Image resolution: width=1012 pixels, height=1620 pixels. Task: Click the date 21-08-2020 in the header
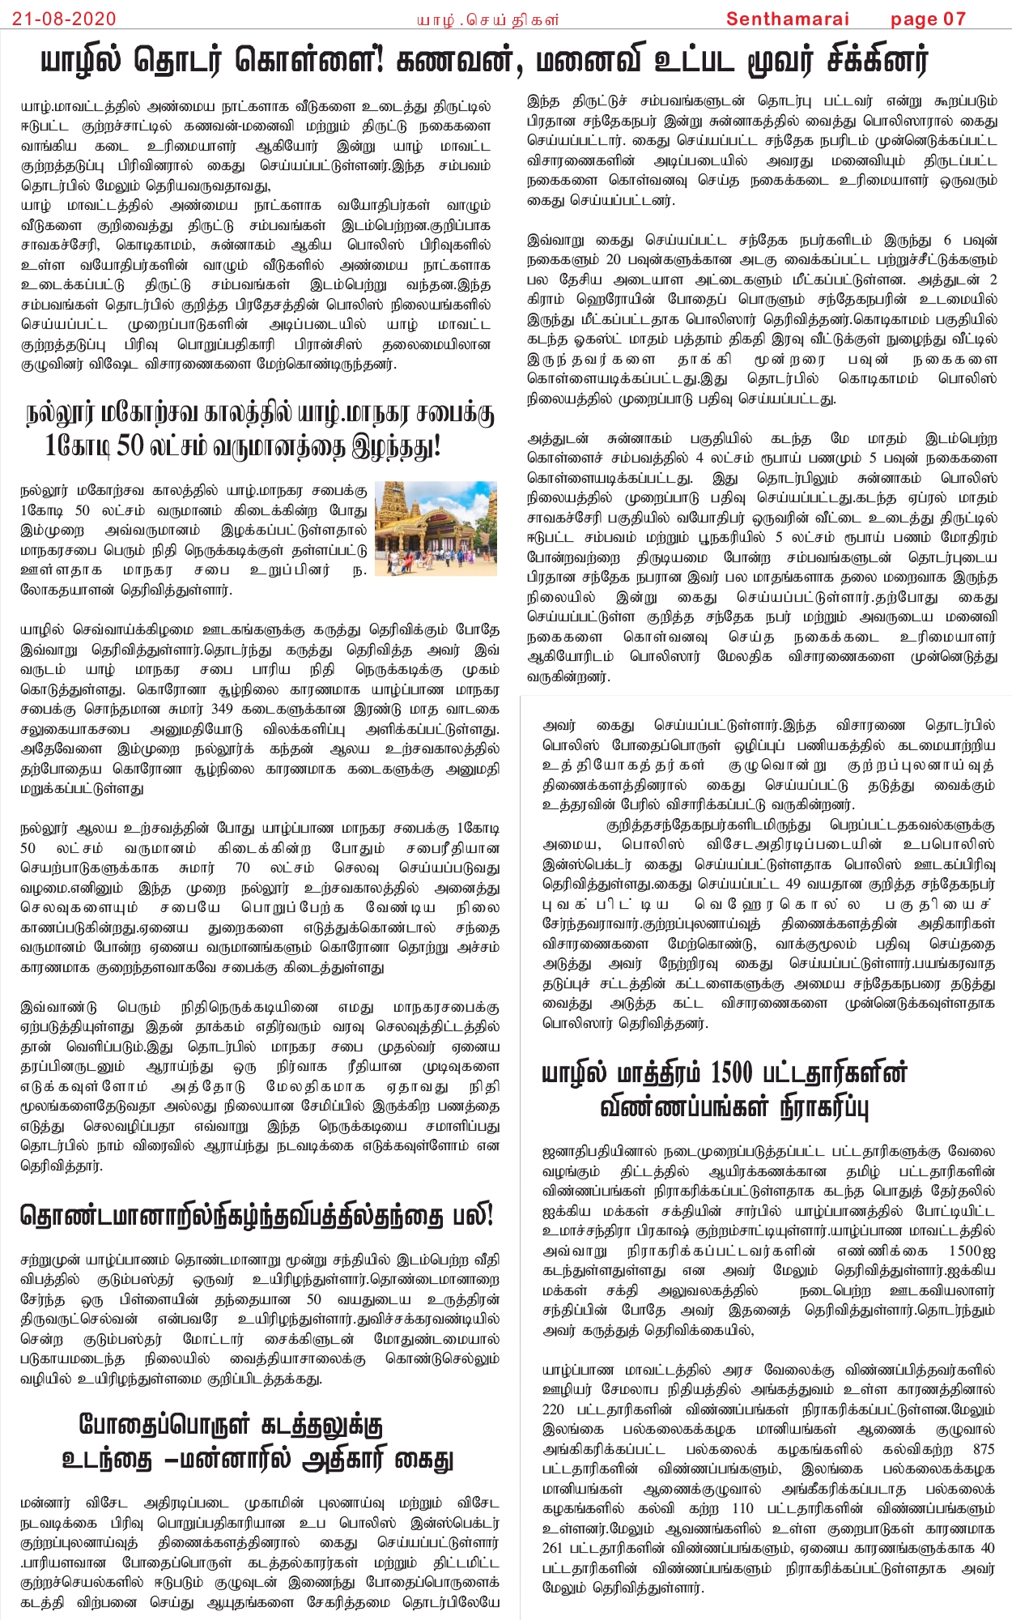point(64,19)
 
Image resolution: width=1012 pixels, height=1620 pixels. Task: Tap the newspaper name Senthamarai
point(787,19)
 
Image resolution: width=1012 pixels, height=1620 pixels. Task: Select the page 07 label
point(928,19)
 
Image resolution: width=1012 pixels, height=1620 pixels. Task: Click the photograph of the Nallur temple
point(436,528)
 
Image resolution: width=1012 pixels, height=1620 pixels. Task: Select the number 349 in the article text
point(221,709)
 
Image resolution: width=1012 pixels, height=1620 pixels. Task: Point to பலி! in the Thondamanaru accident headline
point(472,1216)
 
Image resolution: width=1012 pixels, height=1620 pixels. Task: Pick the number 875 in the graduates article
point(984,1449)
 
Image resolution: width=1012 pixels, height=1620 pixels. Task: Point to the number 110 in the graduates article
point(742,1508)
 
